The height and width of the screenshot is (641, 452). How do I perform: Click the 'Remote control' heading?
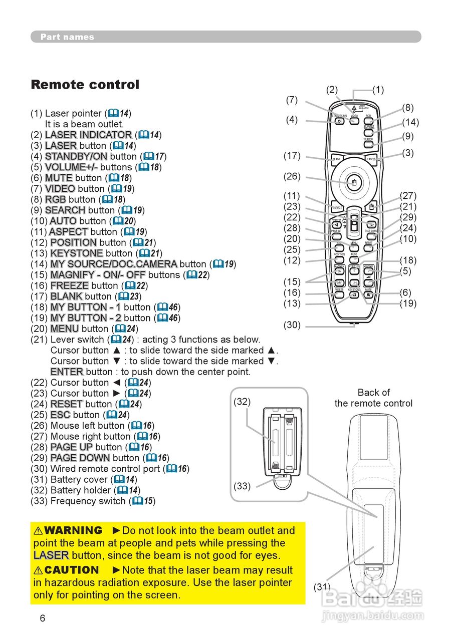[x=85, y=85]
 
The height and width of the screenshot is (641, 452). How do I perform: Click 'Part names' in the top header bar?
[x=67, y=37]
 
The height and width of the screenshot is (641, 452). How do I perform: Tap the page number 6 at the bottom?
[x=43, y=618]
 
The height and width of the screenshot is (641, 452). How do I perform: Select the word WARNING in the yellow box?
[x=73, y=530]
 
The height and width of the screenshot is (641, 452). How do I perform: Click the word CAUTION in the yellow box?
[x=72, y=570]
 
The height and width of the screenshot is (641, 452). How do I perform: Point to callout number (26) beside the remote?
[x=292, y=176]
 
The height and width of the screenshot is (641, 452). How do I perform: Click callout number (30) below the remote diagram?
[x=292, y=325]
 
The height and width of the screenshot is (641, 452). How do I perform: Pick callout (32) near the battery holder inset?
[x=242, y=402]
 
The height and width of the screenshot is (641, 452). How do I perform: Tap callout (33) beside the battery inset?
[x=242, y=486]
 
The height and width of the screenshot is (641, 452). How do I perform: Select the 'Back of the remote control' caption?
[x=373, y=398]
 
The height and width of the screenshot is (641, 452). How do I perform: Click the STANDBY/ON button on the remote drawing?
[x=340, y=122]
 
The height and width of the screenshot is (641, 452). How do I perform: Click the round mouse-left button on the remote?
[x=354, y=182]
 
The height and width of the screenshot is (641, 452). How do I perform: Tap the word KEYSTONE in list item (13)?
[x=77, y=253]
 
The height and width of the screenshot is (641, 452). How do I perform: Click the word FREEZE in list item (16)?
[x=70, y=285]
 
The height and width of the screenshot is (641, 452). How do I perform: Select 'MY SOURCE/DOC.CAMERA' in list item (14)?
[x=114, y=264]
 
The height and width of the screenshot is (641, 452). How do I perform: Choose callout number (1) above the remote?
[x=378, y=90]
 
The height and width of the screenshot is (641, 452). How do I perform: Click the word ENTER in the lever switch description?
[x=67, y=372]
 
